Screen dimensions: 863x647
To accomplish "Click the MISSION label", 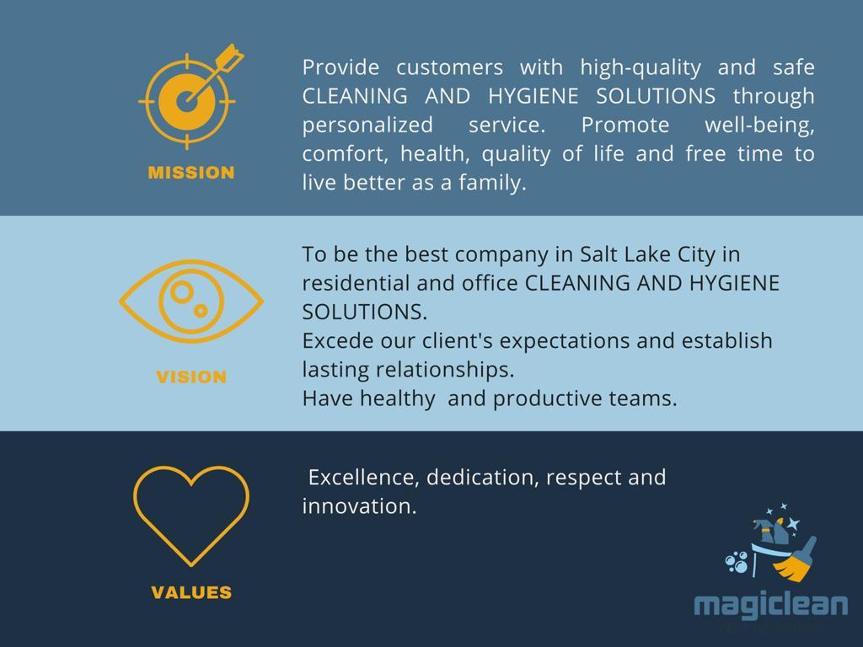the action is coord(191,173).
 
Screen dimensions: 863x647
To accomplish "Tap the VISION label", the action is coord(191,377).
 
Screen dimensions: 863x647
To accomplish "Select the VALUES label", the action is coord(191,592).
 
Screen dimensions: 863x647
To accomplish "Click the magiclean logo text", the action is coord(771,605).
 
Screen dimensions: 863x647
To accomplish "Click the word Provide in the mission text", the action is coord(340,67).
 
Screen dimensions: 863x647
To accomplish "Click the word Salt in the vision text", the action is coord(603,254).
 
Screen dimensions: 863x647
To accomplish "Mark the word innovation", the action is coord(359,506).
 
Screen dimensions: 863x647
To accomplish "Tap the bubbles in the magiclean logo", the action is coord(737,562).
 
